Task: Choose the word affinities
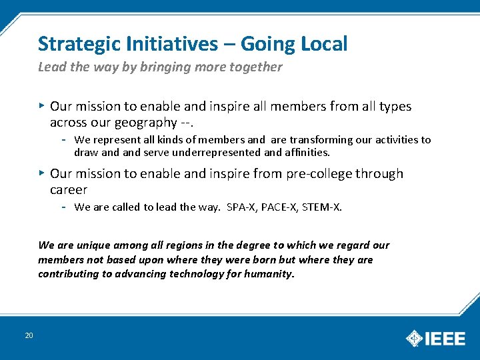[307, 152]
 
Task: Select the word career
[69, 189]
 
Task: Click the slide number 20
[29, 335]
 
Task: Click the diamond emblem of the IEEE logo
[415, 339]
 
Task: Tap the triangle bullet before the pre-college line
[41, 173]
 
